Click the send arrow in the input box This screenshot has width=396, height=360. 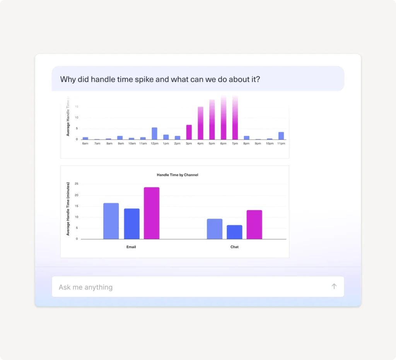click(x=334, y=286)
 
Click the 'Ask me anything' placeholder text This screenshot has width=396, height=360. click(x=85, y=287)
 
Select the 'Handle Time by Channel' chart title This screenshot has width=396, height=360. click(x=178, y=175)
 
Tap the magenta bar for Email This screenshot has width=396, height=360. click(x=152, y=213)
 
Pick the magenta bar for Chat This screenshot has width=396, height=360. click(x=254, y=224)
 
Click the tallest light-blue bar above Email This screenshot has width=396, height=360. click(x=111, y=221)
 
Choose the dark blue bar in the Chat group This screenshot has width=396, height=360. click(x=234, y=232)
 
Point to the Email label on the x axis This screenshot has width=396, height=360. click(x=131, y=247)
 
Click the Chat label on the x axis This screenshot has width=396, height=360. click(x=234, y=247)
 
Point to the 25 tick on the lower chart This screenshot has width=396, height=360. click(x=77, y=184)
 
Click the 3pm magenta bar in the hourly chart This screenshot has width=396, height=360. click(x=189, y=132)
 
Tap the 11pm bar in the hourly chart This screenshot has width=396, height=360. click(x=281, y=136)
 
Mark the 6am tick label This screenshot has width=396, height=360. click(x=85, y=143)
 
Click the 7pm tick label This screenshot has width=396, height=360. click(x=235, y=143)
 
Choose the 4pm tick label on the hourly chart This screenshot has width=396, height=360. click(x=200, y=143)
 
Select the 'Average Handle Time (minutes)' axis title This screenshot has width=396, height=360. click(x=68, y=209)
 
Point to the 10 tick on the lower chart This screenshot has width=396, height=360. click(x=77, y=217)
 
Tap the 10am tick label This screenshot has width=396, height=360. click(x=131, y=143)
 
